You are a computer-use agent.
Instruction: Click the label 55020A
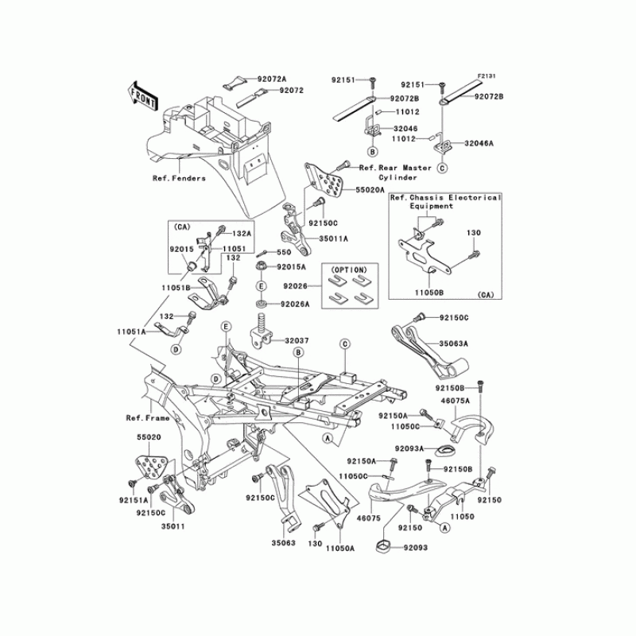[x=370, y=192]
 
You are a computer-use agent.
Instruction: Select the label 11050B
[x=430, y=293]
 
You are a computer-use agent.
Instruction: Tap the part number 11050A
[x=339, y=549]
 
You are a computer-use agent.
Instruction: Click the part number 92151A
[x=134, y=502]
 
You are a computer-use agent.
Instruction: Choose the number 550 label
[x=284, y=252]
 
